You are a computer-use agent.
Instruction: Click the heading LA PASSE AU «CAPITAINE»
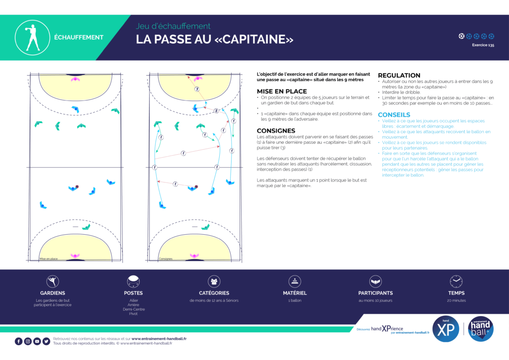point(215,39)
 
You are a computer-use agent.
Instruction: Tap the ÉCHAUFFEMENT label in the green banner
point(79,37)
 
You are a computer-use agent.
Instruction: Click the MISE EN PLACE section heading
point(282,91)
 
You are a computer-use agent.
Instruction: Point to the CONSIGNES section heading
point(279,131)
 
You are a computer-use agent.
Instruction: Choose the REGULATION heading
point(399,76)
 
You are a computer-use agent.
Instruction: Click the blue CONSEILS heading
point(394,114)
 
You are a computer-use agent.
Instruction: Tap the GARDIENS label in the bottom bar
point(53,293)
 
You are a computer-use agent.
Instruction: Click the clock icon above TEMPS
point(456,281)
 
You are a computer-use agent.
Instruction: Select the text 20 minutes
point(456,300)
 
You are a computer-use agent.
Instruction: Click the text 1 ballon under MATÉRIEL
point(295,300)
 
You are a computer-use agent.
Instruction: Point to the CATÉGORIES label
point(214,293)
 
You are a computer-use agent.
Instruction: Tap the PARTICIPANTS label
point(375,293)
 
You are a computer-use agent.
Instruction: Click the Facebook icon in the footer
point(19,341)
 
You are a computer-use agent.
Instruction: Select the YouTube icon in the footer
point(37,341)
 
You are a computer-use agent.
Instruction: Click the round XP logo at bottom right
point(446,329)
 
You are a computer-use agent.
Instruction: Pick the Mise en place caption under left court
point(48,259)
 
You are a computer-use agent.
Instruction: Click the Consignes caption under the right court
point(166,259)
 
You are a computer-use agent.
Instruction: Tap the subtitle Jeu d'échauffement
point(173,26)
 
